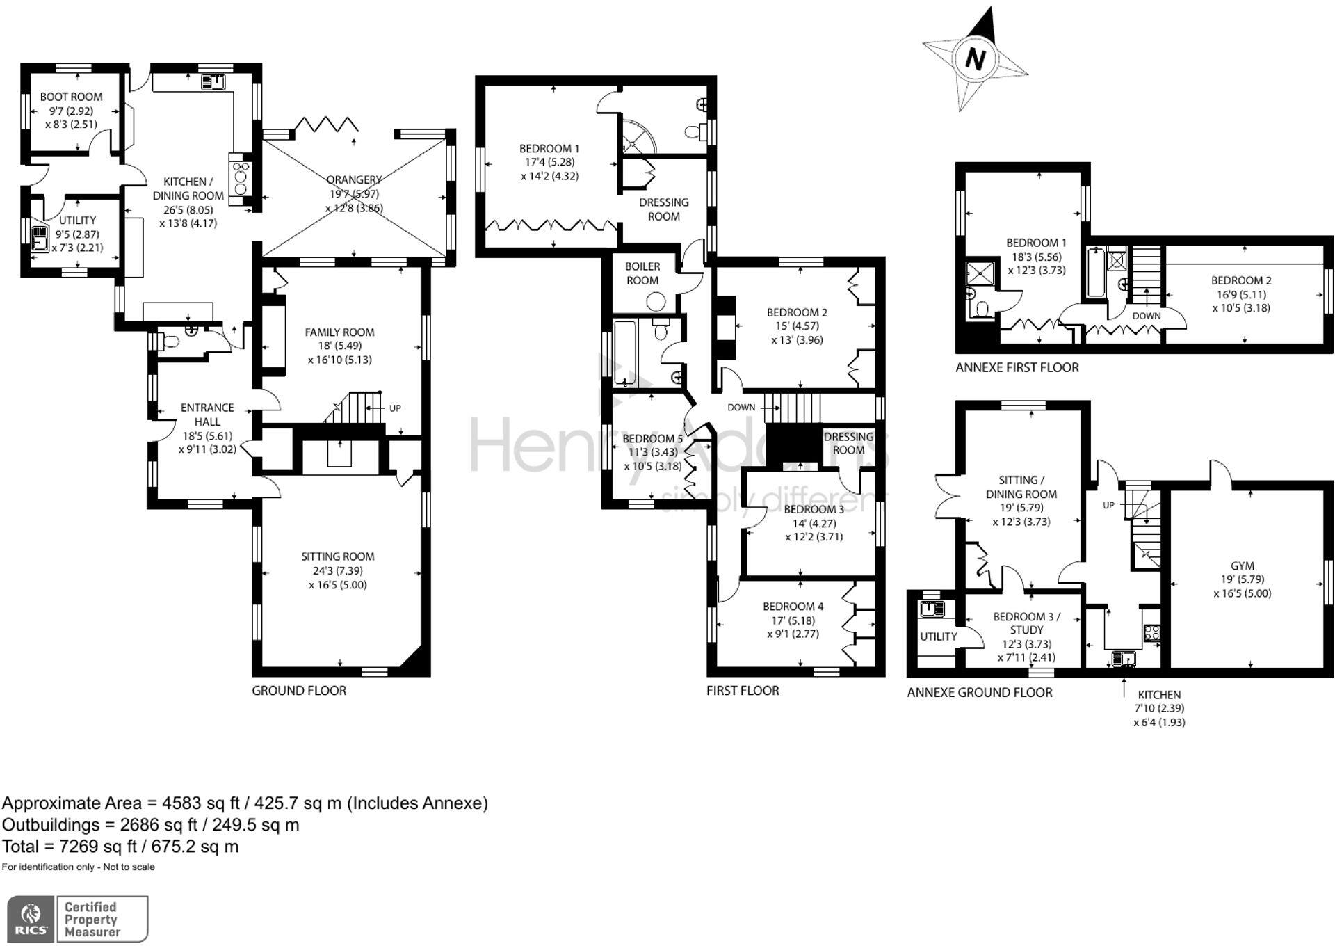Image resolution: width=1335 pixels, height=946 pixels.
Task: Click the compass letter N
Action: coord(976,59)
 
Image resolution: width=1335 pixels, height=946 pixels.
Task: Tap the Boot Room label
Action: coord(71,97)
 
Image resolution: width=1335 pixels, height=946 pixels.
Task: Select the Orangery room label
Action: coord(354,179)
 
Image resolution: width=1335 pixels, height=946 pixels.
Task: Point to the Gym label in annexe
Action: coord(1242,566)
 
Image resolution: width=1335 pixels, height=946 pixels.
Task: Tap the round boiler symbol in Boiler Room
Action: coord(656,301)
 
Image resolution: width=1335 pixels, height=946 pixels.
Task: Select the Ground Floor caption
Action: coord(299,690)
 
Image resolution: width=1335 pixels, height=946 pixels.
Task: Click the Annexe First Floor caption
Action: coord(1017,367)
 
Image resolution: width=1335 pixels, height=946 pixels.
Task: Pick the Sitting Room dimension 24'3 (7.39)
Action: coord(337,570)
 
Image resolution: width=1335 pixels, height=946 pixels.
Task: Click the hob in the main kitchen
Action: coord(241,178)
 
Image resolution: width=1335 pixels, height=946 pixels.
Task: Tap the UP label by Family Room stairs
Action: coord(395,408)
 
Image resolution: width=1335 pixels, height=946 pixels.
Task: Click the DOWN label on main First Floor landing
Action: coord(741,407)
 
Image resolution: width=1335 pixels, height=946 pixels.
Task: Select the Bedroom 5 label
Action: coord(652,438)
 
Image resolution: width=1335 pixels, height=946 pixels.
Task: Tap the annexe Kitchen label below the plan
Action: coord(1158,694)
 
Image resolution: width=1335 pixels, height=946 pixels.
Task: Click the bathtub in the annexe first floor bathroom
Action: coord(1097,273)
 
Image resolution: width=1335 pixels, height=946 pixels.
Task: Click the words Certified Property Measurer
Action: coord(92,919)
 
